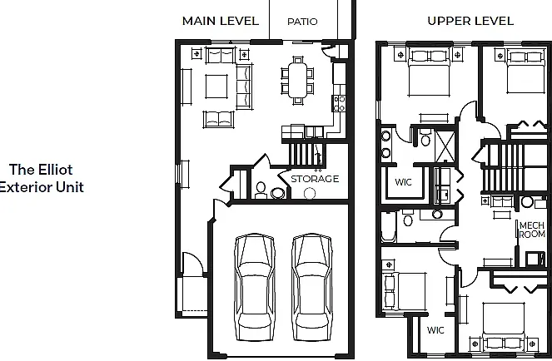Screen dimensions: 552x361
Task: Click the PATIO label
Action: (x=302, y=22)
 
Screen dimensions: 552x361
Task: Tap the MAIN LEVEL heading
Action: (x=221, y=21)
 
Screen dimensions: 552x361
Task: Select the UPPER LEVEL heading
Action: (x=470, y=21)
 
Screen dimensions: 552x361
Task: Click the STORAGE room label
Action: (x=315, y=179)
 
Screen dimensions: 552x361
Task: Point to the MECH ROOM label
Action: (x=532, y=230)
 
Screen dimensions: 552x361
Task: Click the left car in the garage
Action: (x=254, y=287)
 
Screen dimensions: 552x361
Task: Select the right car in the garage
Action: (x=311, y=287)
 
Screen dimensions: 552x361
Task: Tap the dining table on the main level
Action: (x=298, y=80)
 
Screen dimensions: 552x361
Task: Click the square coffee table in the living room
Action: (x=216, y=87)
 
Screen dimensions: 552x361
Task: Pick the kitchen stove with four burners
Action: (x=339, y=103)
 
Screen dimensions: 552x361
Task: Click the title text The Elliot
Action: (x=41, y=170)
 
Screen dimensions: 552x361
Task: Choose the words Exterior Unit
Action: (x=42, y=187)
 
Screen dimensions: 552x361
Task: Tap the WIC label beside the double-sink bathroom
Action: (x=403, y=182)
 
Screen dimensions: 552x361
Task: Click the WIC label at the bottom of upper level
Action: (x=435, y=330)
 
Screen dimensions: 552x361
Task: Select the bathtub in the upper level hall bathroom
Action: (x=388, y=226)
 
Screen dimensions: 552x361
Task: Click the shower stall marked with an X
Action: (x=445, y=146)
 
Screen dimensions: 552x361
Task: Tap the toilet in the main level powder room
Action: (x=261, y=190)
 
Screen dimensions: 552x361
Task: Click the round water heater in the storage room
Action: (x=310, y=193)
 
